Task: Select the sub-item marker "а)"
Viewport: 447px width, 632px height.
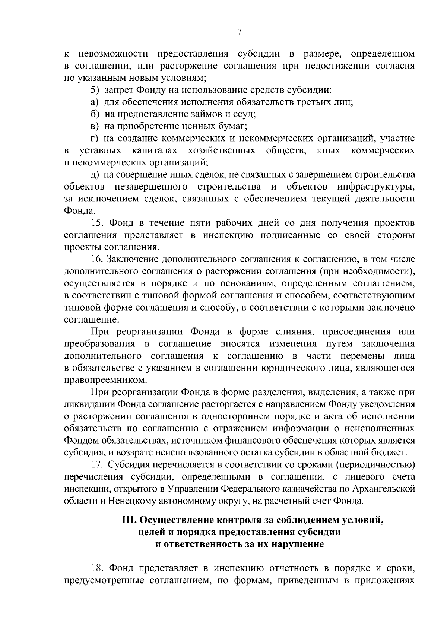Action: tap(95, 102)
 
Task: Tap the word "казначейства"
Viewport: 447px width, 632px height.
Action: tap(305, 489)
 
